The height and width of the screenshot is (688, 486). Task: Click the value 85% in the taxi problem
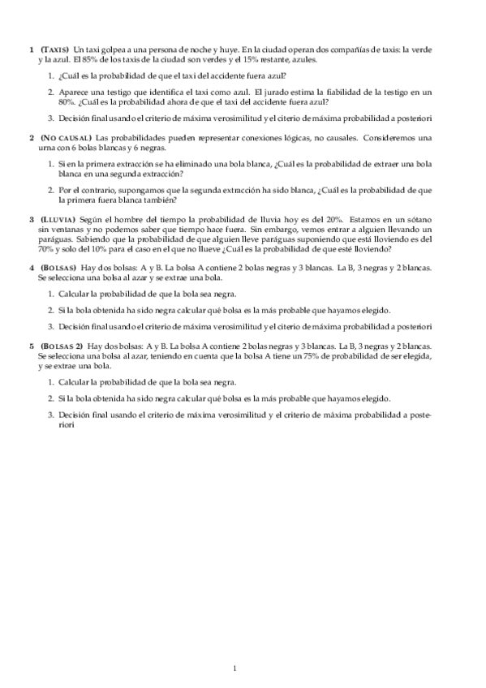pos(85,59)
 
